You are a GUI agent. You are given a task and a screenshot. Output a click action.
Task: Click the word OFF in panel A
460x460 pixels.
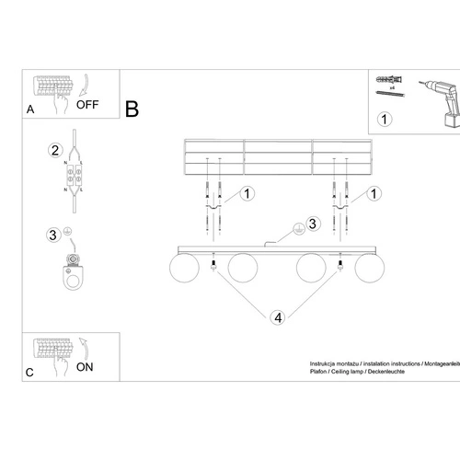(x=87, y=104)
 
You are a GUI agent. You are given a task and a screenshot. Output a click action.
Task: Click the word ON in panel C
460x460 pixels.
(x=85, y=365)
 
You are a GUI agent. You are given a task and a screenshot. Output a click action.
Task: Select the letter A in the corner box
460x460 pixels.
(x=30, y=109)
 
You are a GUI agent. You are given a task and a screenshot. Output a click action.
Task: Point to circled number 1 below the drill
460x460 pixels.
(x=385, y=119)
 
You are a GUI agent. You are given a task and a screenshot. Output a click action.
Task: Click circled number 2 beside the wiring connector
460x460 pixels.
(x=55, y=151)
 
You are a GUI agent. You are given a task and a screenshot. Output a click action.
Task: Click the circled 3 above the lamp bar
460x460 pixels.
(x=312, y=224)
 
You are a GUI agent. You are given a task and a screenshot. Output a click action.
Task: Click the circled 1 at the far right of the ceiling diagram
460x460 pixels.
(x=373, y=194)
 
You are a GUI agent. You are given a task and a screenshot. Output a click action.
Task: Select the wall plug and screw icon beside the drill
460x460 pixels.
(x=389, y=85)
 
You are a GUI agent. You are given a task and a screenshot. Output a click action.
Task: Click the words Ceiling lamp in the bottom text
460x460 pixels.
(x=354, y=373)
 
